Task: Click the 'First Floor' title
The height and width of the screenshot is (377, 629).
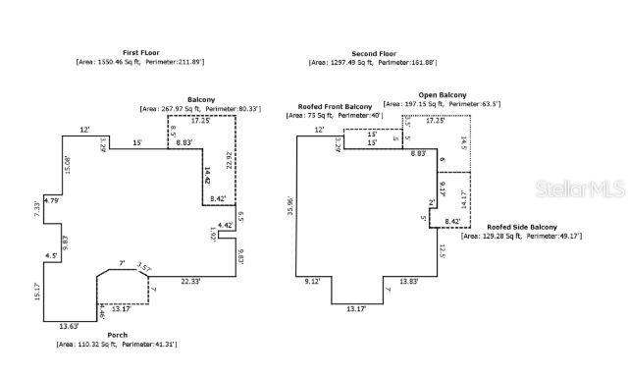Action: (x=140, y=52)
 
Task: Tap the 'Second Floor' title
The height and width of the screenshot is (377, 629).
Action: (x=373, y=53)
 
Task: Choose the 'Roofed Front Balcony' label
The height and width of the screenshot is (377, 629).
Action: (x=329, y=106)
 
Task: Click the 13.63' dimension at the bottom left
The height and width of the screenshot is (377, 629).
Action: (x=68, y=325)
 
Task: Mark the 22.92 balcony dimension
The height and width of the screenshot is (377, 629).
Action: (x=229, y=161)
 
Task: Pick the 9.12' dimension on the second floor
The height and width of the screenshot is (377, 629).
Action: (x=314, y=282)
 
